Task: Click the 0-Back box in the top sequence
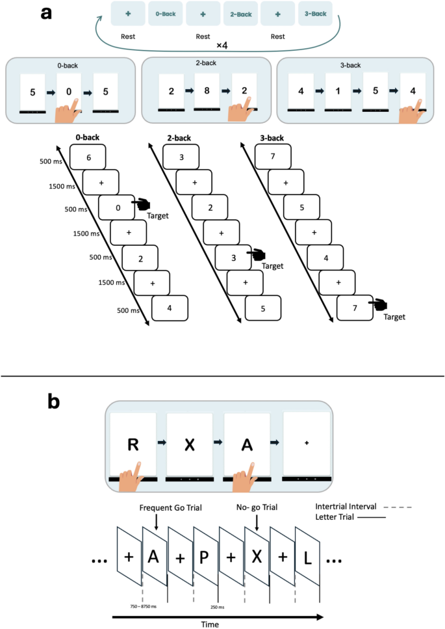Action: tap(166, 13)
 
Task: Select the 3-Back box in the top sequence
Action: tap(315, 13)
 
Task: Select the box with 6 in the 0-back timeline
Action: tap(88, 158)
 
